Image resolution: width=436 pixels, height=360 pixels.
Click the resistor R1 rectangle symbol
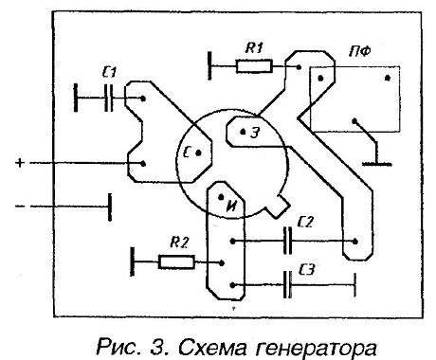254,66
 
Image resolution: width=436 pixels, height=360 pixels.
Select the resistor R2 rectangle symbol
176,262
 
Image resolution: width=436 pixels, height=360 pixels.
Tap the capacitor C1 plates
108,98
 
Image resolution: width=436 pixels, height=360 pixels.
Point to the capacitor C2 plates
287,241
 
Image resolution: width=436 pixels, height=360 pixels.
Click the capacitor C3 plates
287,284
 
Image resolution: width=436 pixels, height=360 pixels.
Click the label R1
254,48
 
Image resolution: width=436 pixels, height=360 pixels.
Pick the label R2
179,243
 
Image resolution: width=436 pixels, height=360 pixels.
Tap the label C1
110,73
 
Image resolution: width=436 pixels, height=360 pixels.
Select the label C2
305,222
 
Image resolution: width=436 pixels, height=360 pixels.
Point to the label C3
306,270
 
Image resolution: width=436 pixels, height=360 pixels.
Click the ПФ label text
359,51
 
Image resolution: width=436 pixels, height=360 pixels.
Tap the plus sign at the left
20,163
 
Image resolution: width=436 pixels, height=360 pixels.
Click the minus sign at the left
20,207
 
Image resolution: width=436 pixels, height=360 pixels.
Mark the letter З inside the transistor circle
255,133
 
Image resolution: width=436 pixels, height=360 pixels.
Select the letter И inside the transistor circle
232,207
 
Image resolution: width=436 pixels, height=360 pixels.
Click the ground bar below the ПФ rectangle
376,164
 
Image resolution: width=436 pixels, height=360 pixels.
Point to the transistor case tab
277,207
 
